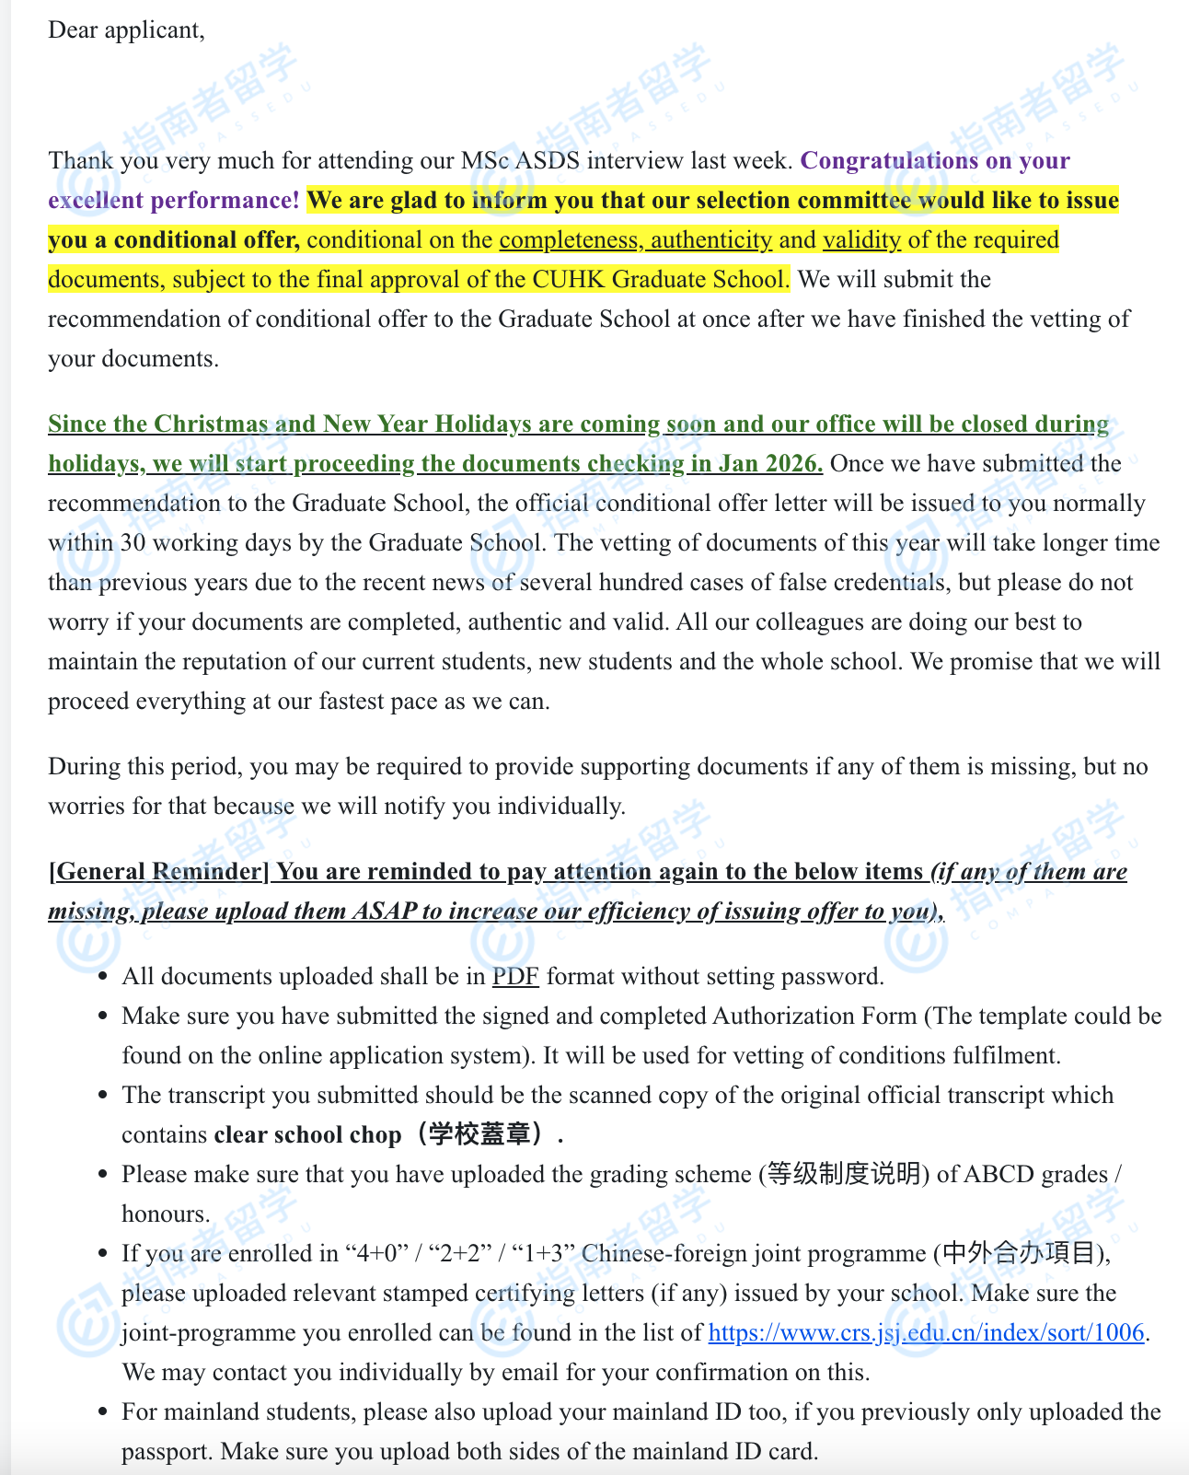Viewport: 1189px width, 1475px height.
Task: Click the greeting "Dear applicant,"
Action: point(126,30)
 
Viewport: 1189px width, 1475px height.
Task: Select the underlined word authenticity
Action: point(711,240)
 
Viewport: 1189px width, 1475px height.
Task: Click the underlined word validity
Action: point(861,240)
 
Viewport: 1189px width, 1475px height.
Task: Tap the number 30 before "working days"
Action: point(133,543)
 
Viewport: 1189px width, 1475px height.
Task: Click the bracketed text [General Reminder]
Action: point(158,872)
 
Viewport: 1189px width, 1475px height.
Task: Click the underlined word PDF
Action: point(515,977)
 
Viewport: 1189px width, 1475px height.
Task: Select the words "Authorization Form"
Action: point(814,1016)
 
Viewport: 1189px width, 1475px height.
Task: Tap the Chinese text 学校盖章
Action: point(480,1135)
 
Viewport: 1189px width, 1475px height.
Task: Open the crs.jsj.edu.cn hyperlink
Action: point(926,1333)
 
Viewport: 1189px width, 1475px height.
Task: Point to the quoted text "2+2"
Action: point(469,1254)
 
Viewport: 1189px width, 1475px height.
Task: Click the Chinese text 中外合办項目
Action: point(1020,1254)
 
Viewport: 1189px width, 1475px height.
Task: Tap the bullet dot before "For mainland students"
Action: point(103,1412)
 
